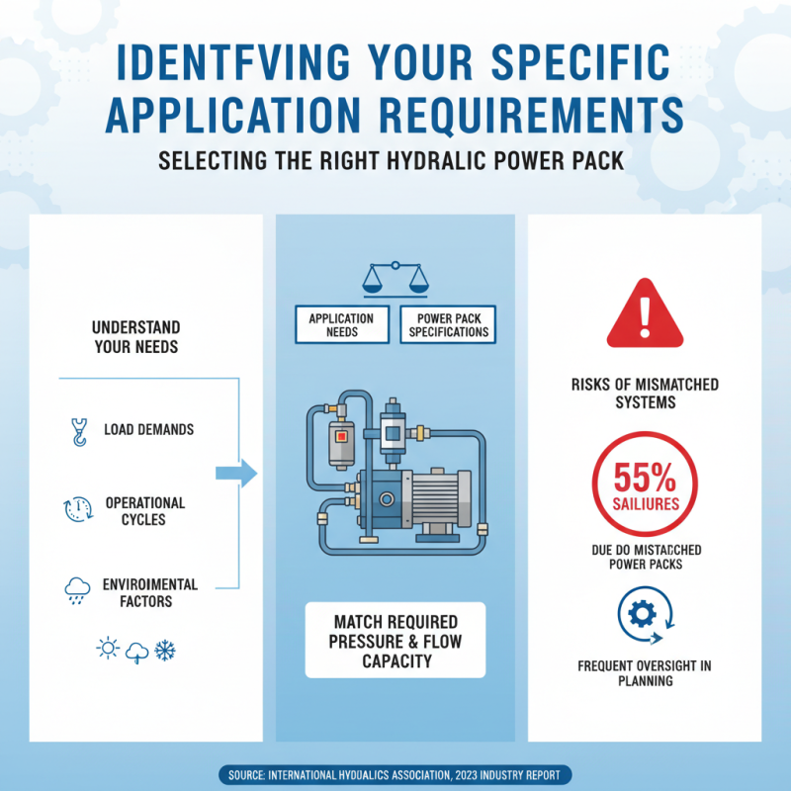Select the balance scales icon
(395, 278)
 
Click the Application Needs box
(341, 325)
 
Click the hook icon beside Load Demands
(75, 430)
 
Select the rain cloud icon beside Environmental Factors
(75, 591)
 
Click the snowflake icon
(164, 650)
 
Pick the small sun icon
(105, 650)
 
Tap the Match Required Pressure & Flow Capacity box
(395, 640)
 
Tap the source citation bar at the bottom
(395, 775)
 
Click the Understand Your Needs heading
(136, 337)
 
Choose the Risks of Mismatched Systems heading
(645, 393)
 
